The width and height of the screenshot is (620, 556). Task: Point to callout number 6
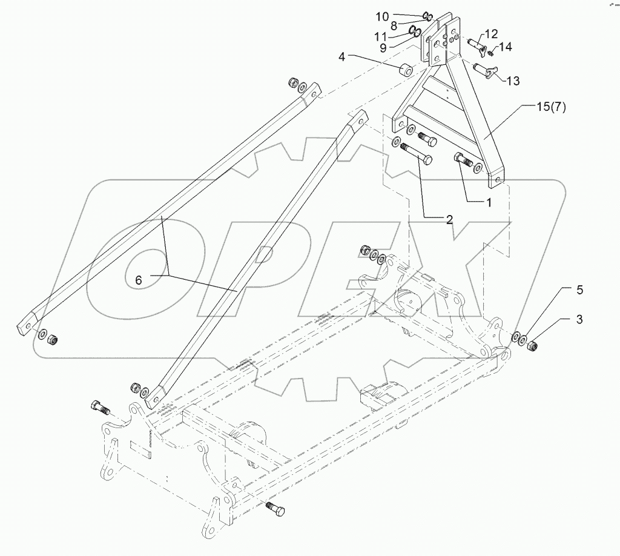[139, 280]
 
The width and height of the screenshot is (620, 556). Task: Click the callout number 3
[579, 319]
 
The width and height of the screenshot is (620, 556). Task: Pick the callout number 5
[579, 290]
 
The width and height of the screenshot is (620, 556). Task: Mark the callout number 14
[506, 46]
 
